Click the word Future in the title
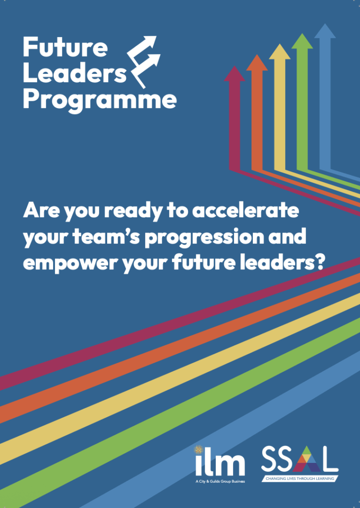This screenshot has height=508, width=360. pos(65,47)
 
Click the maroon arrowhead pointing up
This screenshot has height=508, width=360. pos(235,73)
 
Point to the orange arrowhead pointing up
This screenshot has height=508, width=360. pos(257,63)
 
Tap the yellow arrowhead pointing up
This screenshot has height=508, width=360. pos(280,52)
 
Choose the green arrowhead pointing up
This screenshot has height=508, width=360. pos(302,41)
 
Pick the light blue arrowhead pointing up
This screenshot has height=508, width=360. pos(325,31)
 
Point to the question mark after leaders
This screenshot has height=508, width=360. pos(319,263)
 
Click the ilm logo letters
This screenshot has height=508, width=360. pos(220,464)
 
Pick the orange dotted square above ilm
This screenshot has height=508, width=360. pos(198,449)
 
